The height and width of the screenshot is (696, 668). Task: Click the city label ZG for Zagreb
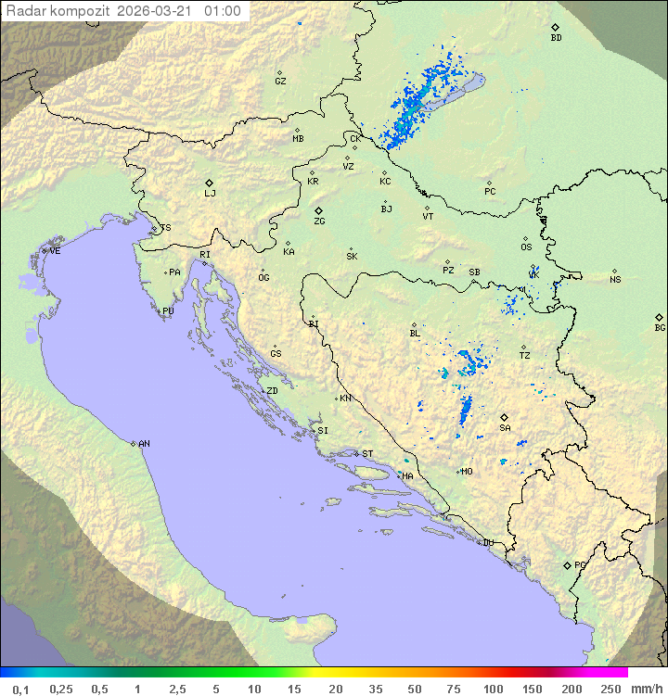coord(319,221)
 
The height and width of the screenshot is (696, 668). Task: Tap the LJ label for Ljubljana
coord(210,194)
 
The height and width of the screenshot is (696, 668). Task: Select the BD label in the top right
coord(556,38)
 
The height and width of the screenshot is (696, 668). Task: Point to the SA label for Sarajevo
coord(505,428)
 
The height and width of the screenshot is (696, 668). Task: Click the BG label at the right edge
coord(660,327)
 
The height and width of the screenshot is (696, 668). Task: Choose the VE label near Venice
coord(55,251)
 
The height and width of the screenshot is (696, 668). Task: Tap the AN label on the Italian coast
coord(144,444)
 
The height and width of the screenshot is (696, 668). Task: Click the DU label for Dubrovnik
coord(487,543)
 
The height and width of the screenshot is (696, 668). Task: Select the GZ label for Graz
coord(280,82)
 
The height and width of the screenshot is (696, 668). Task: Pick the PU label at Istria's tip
coord(168,311)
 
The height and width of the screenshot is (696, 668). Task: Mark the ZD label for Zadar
coord(272,391)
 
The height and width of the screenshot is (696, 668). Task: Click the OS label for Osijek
coord(526,247)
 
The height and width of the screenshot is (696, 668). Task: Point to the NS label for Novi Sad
coord(615,280)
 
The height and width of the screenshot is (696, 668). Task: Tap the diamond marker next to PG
coord(567,564)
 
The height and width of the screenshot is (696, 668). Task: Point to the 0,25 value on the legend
coord(61,689)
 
